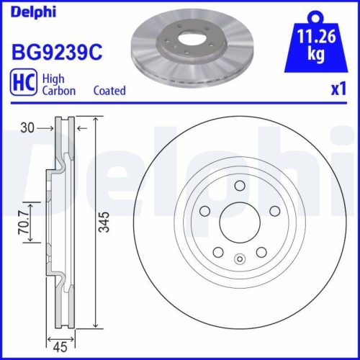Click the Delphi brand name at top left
(32, 12)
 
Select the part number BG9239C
(55, 52)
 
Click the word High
(54, 77)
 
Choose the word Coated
(110, 91)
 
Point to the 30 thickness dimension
(28, 127)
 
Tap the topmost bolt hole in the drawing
(238, 186)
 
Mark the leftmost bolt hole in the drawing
(204, 210)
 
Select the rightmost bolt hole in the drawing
(273, 210)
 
